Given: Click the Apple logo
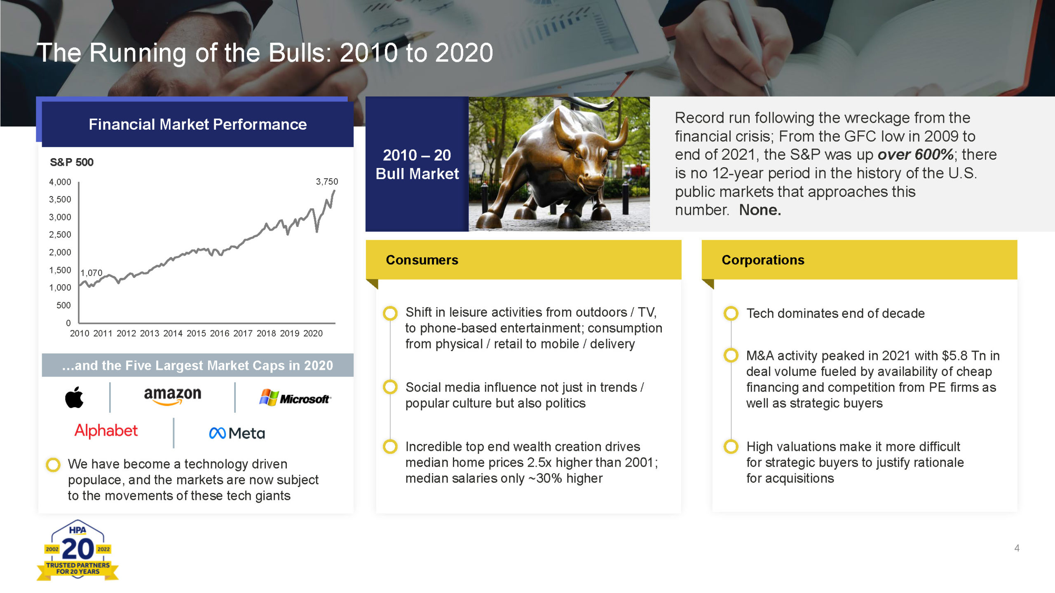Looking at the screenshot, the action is [74, 397].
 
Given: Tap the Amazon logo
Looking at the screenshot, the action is [173, 396].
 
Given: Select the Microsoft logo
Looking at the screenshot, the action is [295, 398].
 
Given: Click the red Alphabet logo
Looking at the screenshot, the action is [106, 431].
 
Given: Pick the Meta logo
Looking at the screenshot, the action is [237, 433].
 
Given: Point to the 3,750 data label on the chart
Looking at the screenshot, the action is [327, 182].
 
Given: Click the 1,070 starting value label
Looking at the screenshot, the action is [91, 273].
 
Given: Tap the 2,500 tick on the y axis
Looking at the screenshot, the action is [60, 235].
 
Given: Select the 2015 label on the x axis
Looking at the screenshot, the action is [196, 334].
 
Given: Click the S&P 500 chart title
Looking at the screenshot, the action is [72, 162].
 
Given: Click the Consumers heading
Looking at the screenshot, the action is [422, 260].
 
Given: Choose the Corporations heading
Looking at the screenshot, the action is [763, 260].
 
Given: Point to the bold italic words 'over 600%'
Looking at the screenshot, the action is [915, 154].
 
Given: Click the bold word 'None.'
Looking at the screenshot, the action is [760, 210].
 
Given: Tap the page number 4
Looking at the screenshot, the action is [1017, 548].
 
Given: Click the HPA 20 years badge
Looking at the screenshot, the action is [77, 550].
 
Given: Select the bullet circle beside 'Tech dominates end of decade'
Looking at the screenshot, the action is [731, 313].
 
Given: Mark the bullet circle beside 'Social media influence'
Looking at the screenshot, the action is [390, 387].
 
